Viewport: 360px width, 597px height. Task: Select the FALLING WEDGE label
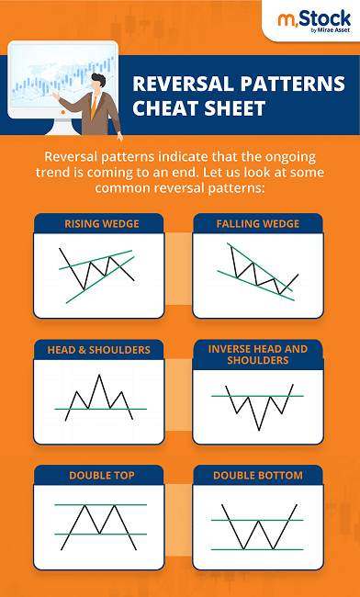(x=258, y=223)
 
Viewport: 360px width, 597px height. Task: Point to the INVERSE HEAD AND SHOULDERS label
(x=258, y=355)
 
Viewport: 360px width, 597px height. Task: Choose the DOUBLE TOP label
(x=101, y=475)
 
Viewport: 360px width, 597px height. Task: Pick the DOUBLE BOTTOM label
(x=258, y=475)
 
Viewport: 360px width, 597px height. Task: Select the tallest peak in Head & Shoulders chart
(x=100, y=375)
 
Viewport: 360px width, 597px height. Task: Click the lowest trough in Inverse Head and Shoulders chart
(x=258, y=429)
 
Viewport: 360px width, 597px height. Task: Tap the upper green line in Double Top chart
(x=100, y=505)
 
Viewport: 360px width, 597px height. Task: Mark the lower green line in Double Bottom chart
(x=258, y=549)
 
